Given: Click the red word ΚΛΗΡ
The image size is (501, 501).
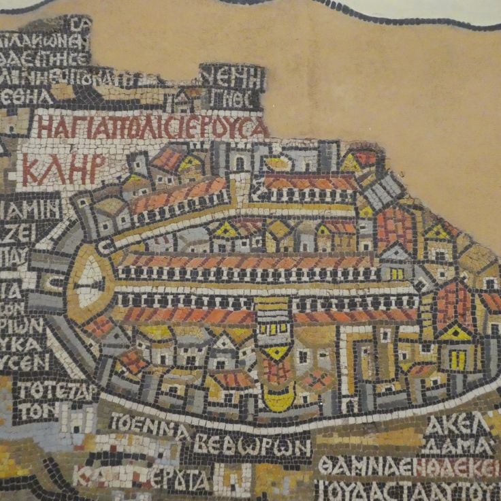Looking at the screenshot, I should coord(63,169).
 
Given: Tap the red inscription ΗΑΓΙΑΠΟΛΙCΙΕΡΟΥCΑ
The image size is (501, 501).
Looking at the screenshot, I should coord(151,127).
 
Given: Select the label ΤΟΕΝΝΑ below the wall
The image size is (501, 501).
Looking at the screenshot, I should coord(149,428).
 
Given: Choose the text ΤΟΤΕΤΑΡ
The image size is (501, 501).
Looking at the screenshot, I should coord(55,391).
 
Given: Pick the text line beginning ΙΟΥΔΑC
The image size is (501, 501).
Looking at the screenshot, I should coord(407,489).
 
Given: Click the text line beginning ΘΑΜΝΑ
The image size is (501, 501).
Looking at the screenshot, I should coord(407,467).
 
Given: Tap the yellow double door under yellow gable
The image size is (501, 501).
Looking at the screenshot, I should coord(457,359).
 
